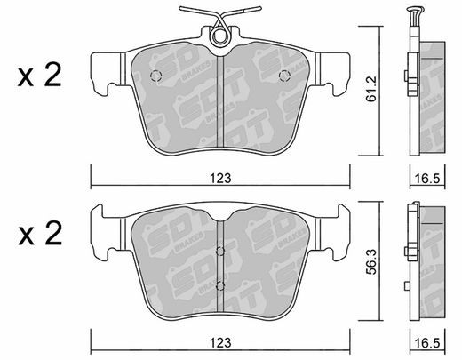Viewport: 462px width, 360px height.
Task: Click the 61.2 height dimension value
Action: click(x=370, y=89)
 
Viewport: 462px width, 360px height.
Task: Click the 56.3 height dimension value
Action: click(x=371, y=262)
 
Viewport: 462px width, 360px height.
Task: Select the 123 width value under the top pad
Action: click(x=220, y=179)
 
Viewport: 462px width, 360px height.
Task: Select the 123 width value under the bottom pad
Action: click(x=220, y=343)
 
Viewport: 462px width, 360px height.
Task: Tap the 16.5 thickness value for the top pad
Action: click(x=427, y=179)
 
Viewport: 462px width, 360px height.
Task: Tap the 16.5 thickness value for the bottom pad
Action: click(x=427, y=343)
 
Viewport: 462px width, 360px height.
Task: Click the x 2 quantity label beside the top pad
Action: click(x=40, y=75)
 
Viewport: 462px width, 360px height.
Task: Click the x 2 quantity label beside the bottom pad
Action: click(x=40, y=233)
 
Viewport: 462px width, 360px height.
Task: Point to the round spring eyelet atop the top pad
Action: click(x=219, y=36)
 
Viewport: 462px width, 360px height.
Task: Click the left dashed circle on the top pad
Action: click(x=155, y=76)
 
